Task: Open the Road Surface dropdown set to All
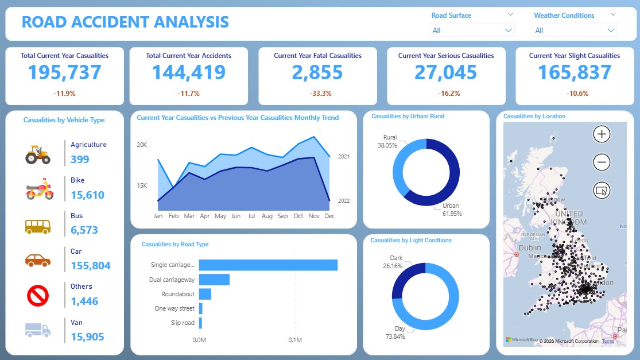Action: pyautogui.click(x=472, y=30)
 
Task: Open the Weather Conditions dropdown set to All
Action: pyautogui.click(x=575, y=30)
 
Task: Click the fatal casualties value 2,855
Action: pyautogui.click(x=317, y=72)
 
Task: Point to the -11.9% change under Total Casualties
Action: pyautogui.click(x=64, y=93)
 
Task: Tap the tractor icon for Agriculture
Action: pyautogui.click(x=37, y=154)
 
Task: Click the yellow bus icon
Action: pyautogui.click(x=37, y=226)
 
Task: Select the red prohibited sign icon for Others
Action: pyautogui.click(x=37, y=296)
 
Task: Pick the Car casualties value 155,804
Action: pyautogui.click(x=91, y=265)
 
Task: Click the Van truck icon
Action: pyautogui.click(x=37, y=330)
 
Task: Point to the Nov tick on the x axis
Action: pyautogui.click(x=314, y=216)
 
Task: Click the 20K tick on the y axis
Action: pyautogui.click(x=142, y=145)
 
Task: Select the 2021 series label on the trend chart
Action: pyautogui.click(x=344, y=156)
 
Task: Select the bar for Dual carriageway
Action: pyautogui.click(x=214, y=280)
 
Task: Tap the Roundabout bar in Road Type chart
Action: pyautogui.click(x=205, y=294)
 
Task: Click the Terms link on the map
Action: pyautogui.click(x=608, y=341)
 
